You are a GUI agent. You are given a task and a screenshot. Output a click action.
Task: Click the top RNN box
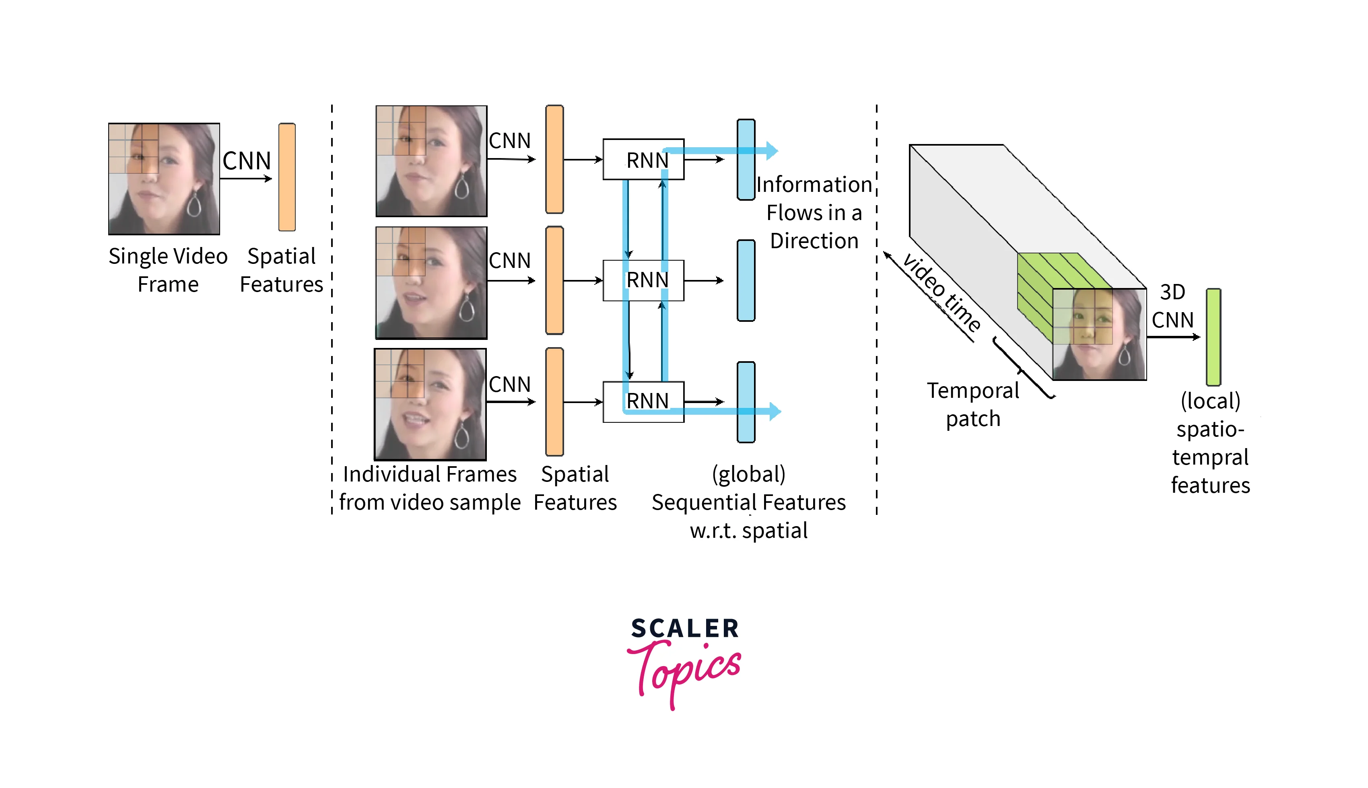point(643,159)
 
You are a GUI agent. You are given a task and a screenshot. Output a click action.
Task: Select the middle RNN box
point(643,280)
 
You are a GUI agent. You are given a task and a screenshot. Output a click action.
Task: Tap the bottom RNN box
point(643,401)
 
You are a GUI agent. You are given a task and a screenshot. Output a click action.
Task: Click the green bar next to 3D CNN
point(1213,337)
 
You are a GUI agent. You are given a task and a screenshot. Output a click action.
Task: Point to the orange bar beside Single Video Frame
point(287,177)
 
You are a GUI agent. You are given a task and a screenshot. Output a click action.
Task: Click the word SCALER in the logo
point(685,628)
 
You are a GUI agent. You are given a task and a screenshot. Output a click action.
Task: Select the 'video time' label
point(942,292)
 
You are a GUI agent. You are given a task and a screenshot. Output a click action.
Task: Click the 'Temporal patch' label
point(973,404)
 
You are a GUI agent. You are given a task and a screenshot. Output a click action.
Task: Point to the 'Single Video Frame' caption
point(168,270)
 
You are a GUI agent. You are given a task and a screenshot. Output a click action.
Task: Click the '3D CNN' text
point(1172,306)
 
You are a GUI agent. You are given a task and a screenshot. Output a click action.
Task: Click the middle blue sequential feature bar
point(746,280)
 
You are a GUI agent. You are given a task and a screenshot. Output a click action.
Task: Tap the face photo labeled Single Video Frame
point(164,179)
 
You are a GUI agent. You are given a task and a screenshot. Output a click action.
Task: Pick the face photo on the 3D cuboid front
point(1099,334)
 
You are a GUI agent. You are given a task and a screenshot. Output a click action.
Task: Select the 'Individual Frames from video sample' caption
point(430,488)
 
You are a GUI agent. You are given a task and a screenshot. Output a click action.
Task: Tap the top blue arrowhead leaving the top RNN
point(773,150)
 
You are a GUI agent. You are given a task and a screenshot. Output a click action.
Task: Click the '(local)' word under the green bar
point(1210,401)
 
